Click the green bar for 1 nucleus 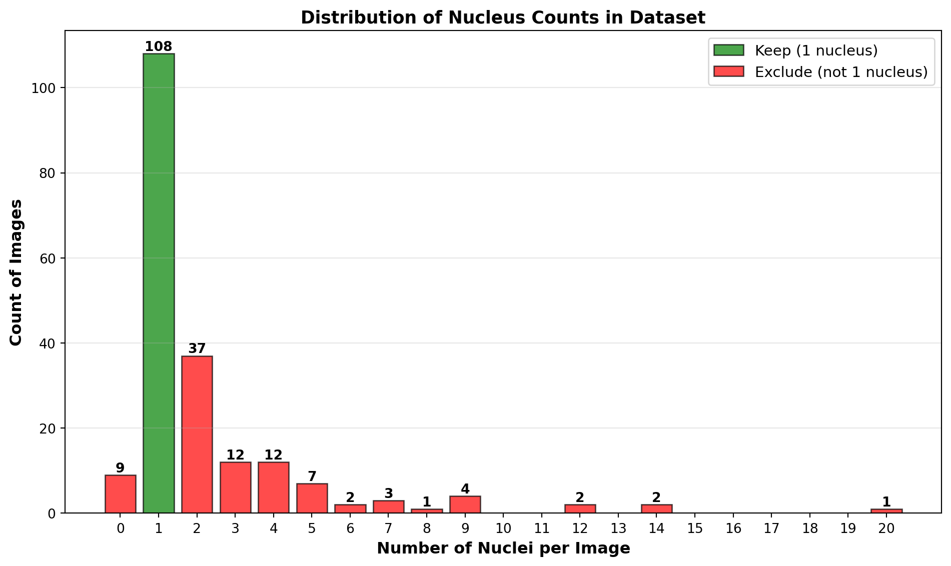(x=159, y=282)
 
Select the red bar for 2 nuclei (x=197, y=434)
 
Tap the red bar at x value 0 (x=120, y=494)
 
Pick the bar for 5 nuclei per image (x=312, y=498)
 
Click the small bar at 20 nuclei (x=886, y=511)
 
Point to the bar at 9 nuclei (x=465, y=504)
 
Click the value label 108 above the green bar (x=158, y=47)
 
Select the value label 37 (x=197, y=348)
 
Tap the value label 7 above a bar (x=312, y=476)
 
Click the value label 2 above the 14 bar (x=656, y=497)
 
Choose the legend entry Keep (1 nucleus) (x=816, y=50)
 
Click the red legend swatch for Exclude (x=728, y=72)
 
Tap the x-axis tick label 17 (x=771, y=528)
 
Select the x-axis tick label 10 (x=503, y=528)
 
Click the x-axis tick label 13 (x=618, y=528)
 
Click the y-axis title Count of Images (x=16, y=272)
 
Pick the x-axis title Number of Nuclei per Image (x=503, y=549)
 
